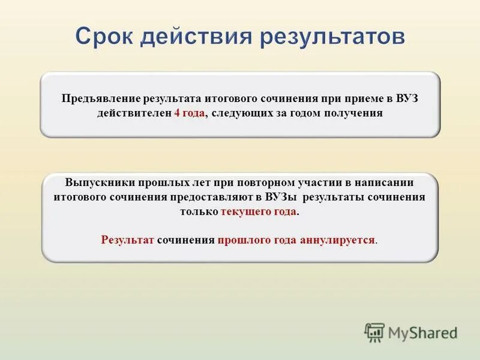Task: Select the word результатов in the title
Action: (332, 37)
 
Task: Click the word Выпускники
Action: (100, 182)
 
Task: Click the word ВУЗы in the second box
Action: (282, 197)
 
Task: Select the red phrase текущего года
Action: (259, 212)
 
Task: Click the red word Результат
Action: (128, 239)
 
